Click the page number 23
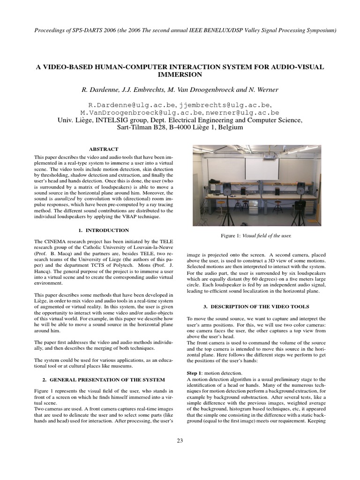pyautogui.click(x=180, y=440)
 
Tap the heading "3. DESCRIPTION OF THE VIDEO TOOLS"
pyautogui.click(x=256, y=307)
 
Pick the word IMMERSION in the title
pyautogui.click(x=180, y=75)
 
